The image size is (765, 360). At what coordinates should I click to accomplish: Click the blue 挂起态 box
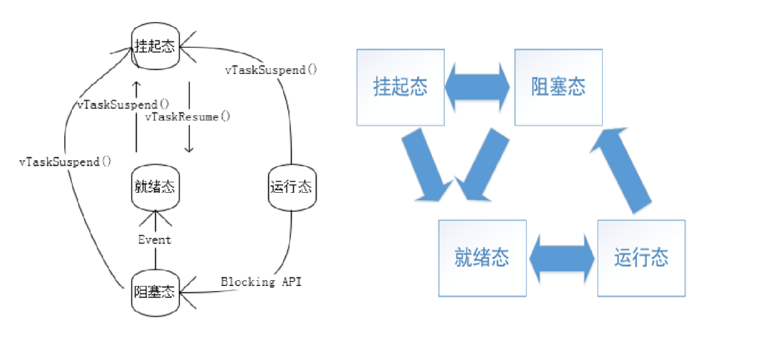[401, 87]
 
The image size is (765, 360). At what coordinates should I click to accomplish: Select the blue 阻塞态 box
[559, 87]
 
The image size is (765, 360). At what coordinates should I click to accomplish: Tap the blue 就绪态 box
[482, 258]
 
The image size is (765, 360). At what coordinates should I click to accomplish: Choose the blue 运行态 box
[641, 258]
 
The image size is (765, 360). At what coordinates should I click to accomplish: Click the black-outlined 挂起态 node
[154, 47]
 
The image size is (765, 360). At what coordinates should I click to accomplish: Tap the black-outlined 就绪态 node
[154, 188]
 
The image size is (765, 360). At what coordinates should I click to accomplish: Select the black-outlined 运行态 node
[291, 188]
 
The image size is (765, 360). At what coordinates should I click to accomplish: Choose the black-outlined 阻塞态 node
[154, 291]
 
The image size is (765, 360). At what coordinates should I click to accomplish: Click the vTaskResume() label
[188, 116]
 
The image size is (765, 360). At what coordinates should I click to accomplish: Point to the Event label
[154, 240]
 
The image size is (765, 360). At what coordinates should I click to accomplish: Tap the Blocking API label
[261, 282]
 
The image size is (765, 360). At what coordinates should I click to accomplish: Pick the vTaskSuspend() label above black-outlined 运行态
[271, 70]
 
